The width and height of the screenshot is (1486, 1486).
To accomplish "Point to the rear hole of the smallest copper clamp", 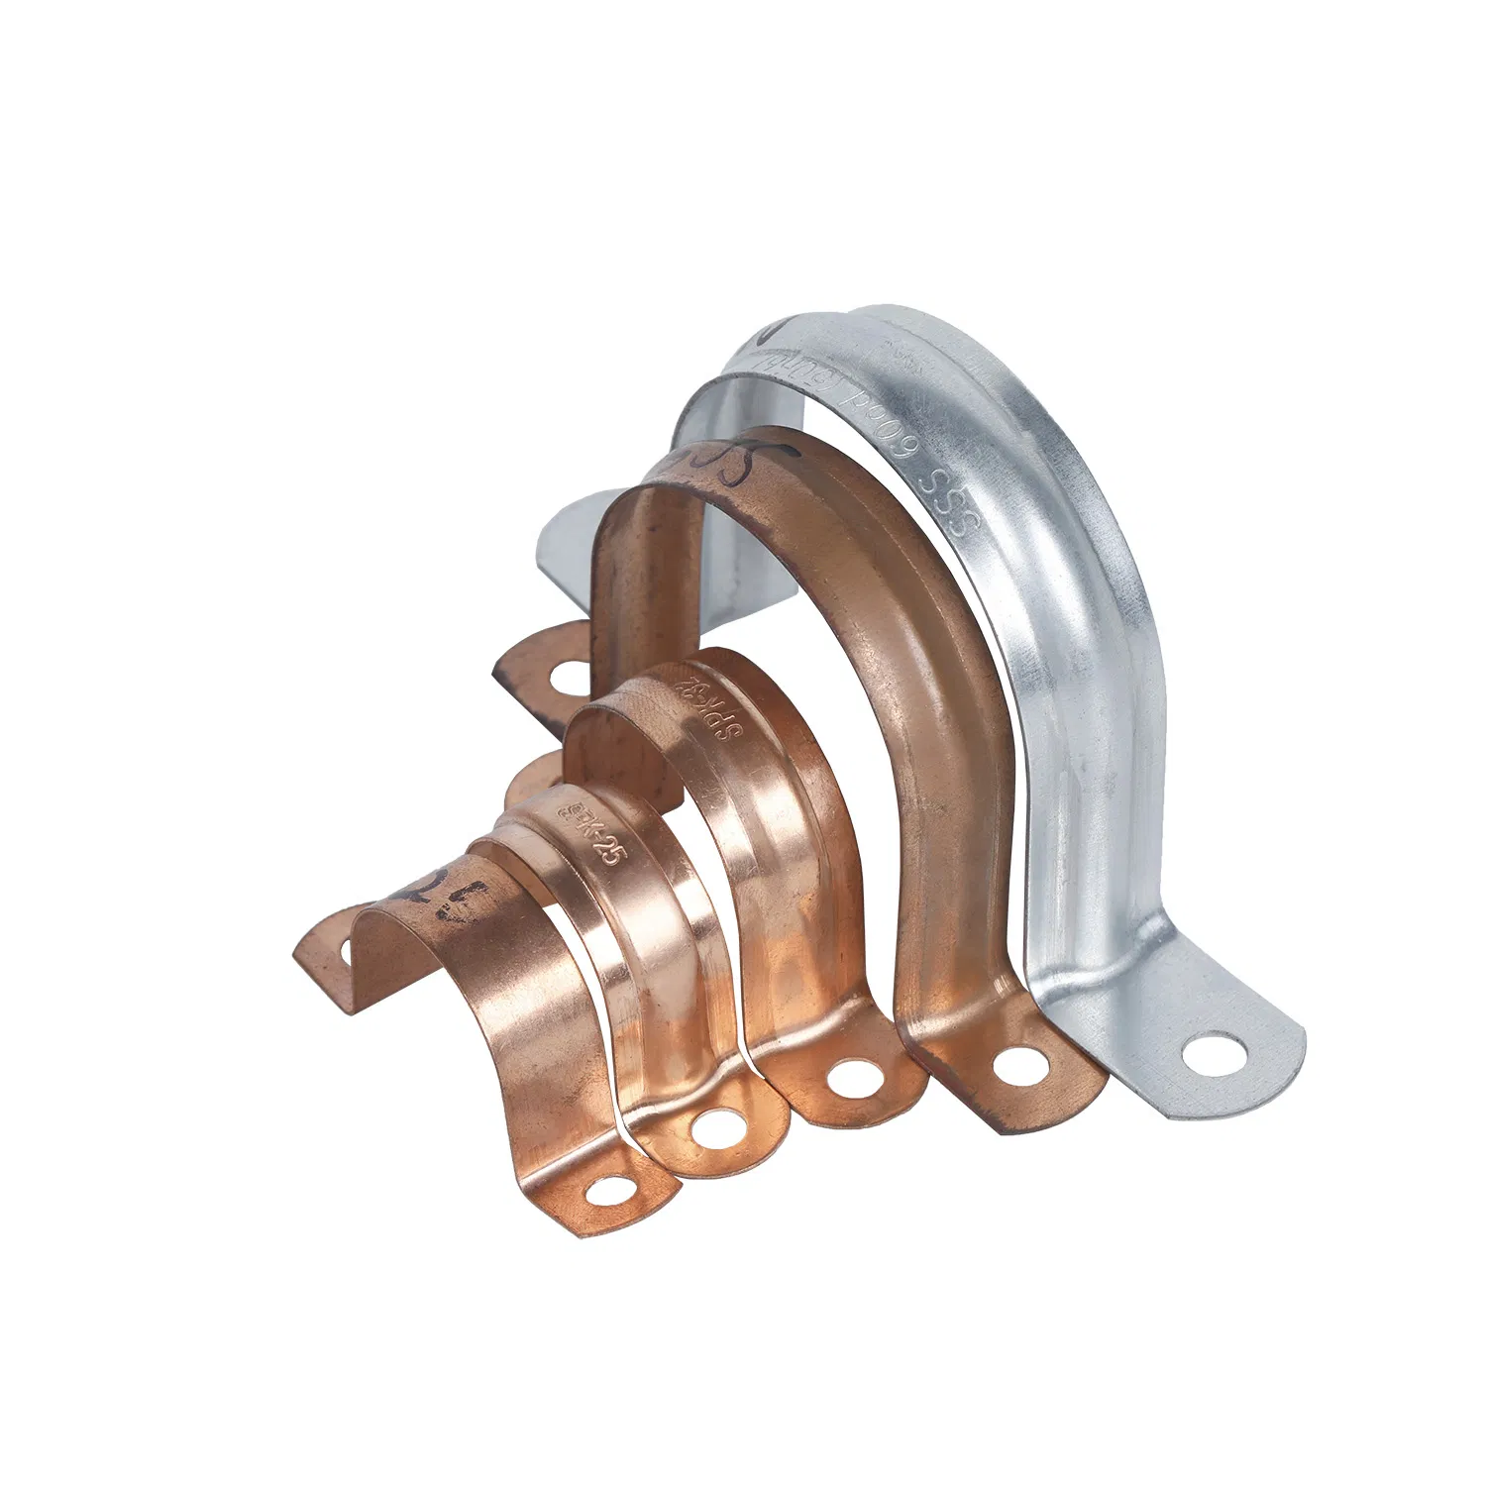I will [346, 952].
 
